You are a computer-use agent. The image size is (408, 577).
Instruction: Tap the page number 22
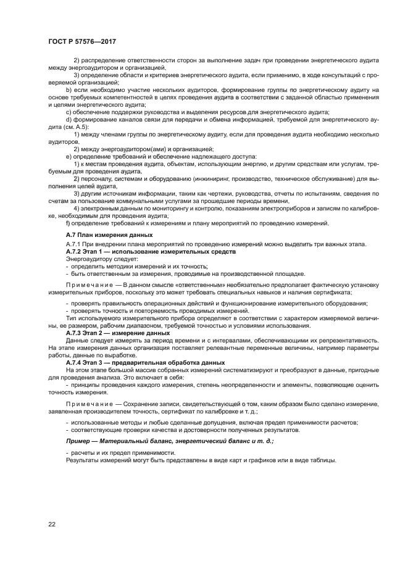pyautogui.click(x=52, y=524)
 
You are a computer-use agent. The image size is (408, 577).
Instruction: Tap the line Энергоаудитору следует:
pyautogui.click(x=98, y=259)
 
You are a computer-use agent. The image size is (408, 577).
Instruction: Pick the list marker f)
pyautogui.click(x=69, y=223)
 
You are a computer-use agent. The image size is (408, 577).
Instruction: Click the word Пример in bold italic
pyautogui.click(x=80, y=441)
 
